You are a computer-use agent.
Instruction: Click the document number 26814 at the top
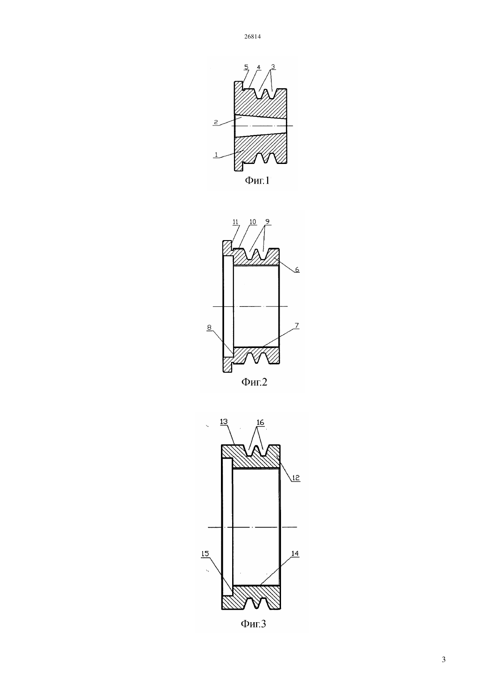(x=252, y=37)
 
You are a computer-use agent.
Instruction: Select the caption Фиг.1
(x=257, y=180)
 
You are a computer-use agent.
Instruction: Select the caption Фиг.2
(x=254, y=382)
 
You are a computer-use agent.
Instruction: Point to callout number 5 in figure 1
(x=246, y=67)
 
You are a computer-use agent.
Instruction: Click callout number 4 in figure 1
(x=259, y=67)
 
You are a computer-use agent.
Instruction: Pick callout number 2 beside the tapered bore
(x=216, y=122)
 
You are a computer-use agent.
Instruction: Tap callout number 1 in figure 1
(x=216, y=155)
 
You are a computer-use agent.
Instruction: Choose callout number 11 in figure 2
(x=235, y=222)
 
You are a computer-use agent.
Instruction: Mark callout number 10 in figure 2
(x=253, y=222)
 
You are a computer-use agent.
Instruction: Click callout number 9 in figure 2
(x=268, y=222)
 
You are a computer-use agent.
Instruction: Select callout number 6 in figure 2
(x=297, y=270)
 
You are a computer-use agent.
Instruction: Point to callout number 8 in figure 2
(x=209, y=327)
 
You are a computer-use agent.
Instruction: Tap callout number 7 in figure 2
(x=297, y=326)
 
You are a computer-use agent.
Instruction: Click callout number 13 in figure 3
(x=224, y=422)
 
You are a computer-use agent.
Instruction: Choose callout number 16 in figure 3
(x=260, y=422)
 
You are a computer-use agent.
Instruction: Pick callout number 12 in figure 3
(x=296, y=478)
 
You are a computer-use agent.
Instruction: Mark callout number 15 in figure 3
(x=205, y=554)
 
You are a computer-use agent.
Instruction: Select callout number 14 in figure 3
(x=295, y=553)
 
